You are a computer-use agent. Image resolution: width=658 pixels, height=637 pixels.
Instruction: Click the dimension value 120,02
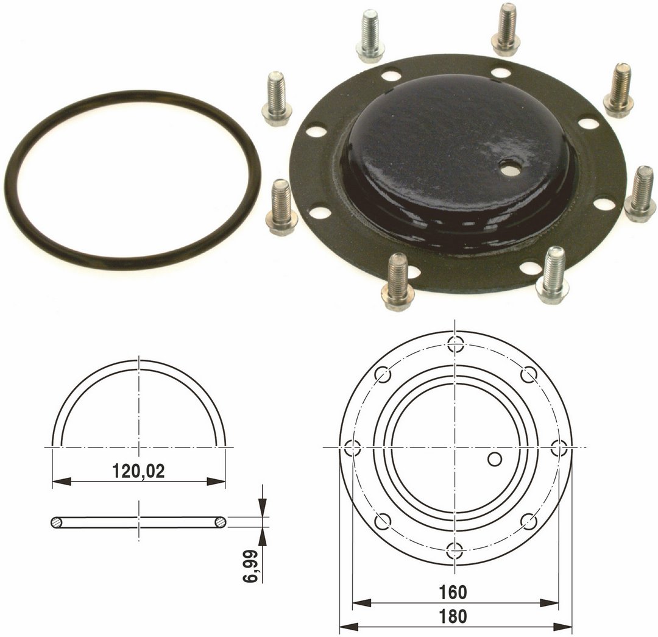click(138, 471)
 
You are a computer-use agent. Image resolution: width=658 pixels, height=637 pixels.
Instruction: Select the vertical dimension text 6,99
click(250, 568)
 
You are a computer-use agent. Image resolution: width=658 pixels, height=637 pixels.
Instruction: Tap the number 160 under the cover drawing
click(452, 592)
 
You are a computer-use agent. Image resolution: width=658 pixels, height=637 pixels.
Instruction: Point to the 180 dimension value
click(452, 617)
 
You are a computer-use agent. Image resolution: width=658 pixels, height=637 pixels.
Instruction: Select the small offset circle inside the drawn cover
click(495, 458)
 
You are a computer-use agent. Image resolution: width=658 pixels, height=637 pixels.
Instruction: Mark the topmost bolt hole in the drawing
click(455, 344)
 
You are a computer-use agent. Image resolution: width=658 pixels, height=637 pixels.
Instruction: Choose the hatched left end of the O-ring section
click(56, 522)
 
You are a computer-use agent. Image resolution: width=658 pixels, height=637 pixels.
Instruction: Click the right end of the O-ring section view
click(221, 522)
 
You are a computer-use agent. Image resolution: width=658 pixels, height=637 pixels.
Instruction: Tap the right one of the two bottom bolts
click(553, 276)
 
